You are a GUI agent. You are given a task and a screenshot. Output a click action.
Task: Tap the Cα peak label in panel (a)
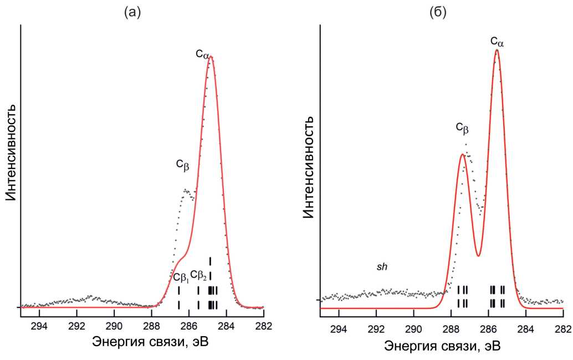[202, 54]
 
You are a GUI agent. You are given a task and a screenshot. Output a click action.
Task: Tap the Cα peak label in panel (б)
[497, 40]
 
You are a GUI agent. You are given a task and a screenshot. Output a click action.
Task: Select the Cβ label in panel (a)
[183, 163]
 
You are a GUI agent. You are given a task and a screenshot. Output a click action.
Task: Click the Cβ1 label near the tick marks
[181, 277]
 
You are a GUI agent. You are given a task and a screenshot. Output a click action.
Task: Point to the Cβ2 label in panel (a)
[199, 275]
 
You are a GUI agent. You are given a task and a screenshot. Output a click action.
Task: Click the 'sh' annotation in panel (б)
[382, 266]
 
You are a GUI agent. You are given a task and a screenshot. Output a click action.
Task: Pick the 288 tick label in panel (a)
[151, 325]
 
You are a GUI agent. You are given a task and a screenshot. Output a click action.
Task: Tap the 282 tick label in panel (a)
[263, 325]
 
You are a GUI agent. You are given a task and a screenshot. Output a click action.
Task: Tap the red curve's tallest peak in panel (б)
[497, 50]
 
